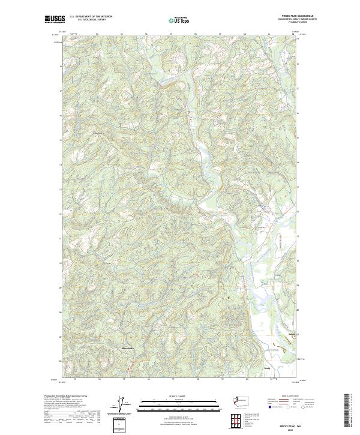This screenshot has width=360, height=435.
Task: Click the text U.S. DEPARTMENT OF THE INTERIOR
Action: click(91, 17)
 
